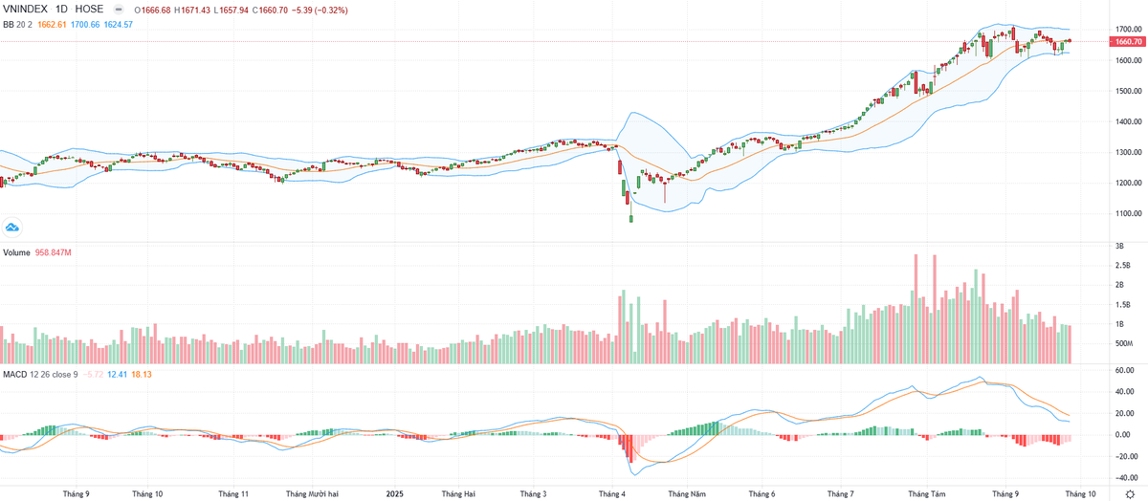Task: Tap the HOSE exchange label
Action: [x=89, y=10]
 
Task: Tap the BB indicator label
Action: [x=9, y=24]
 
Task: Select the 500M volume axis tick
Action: [x=1123, y=342]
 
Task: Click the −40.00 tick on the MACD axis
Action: [x=1124, y=479]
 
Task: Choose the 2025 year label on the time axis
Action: [x=396, y=493]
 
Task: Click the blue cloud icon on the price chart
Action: [x=13, y=227]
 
